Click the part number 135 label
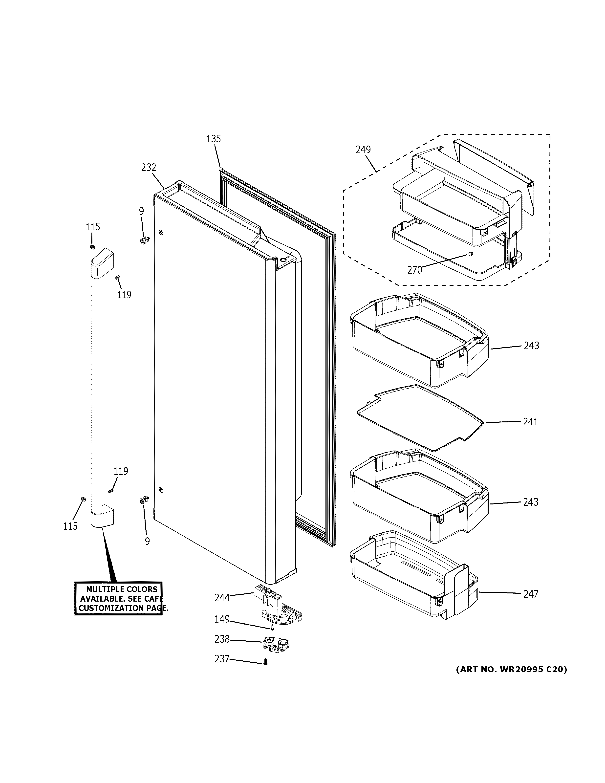tap(213, 139)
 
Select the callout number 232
tap(148, 167)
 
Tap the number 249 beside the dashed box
tap(363, 150)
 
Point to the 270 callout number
tap(415, 270)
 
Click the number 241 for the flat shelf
tap(530, 422)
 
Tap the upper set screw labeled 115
tap(92, 247)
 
